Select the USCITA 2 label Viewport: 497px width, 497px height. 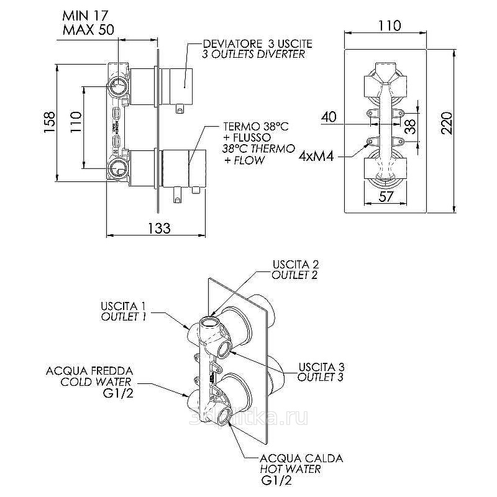click(294, 264)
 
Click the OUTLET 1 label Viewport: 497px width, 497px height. click(123, 317)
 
